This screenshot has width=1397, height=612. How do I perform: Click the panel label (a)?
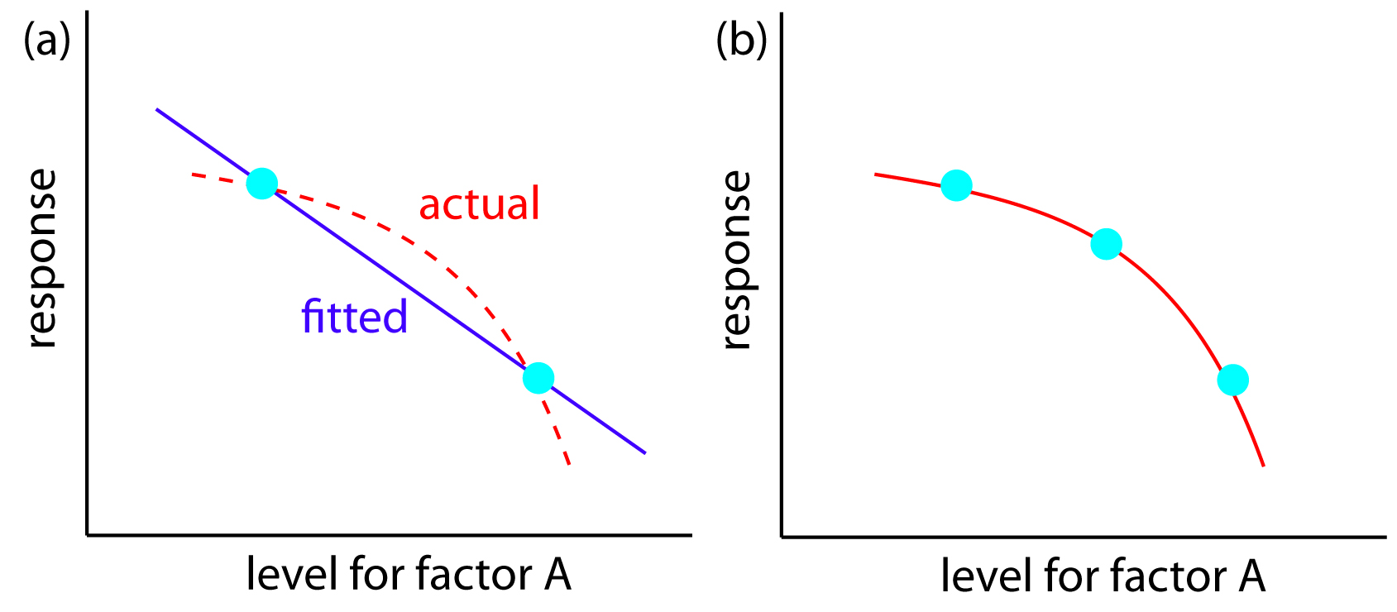pyautogui.click(x=46, y=40)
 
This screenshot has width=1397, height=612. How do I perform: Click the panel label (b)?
pyautogui.click(x=741, y=40)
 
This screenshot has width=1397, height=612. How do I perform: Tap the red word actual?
pyautogui.click(x=479, y=203)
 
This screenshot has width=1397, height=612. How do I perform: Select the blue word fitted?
pyautogui.click(x=354, y=317)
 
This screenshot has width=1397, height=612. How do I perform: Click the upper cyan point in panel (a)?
pyautogui.click(x=261, y=183)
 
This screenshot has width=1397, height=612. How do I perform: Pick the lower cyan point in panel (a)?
pyautogui.click(x=538, y=378)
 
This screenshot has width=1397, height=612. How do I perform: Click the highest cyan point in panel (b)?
pyautogui.click(x=956, y=185)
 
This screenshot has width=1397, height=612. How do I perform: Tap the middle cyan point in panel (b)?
pyautogui.click(x=1106, y=244)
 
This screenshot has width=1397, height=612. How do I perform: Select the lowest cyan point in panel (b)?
pyautogui.click(x=1232, y=380)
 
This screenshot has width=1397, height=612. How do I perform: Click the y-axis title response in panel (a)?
pyautogui.click(x=41, y=258)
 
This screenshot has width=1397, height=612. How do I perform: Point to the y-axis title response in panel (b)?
pyautogui.click(x=736, y=260)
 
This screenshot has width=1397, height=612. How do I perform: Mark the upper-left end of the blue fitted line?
pyautogui.click(x=157, y=109)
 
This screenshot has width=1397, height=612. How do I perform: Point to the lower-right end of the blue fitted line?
pyautogui.click(x=644, y=452)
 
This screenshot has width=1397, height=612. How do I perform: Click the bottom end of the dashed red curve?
pyautogui.click(x=569, y=465)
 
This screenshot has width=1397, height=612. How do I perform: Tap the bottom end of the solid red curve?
pyautogui.click(x=1263, y=466)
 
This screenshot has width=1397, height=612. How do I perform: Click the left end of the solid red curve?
pyautogui.click(x=876, y=175)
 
